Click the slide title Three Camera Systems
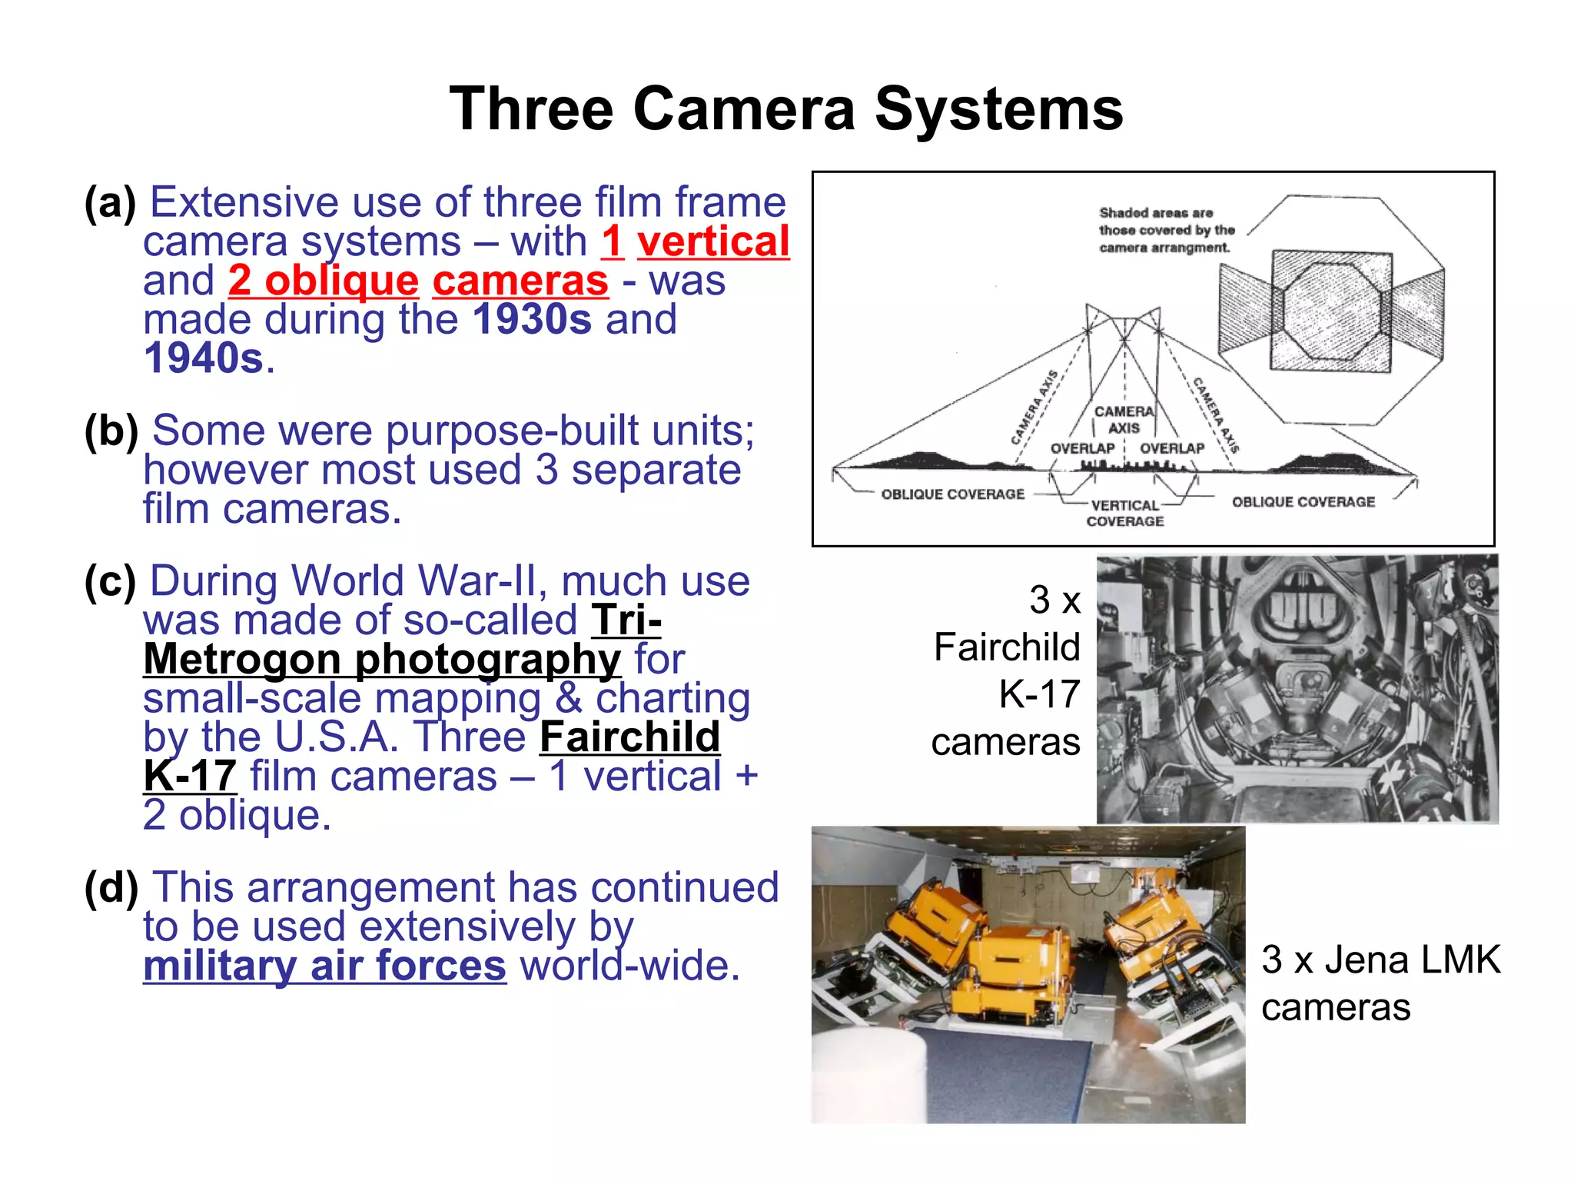click(x=786, y=109)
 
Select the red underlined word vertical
click(x=713, y=241)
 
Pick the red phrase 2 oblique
click(x=324, y=281)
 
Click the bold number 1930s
click(x=532, y=320)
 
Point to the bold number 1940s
click(x=204, y=358)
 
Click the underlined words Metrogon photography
click(x=382, y=660)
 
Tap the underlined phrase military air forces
click(x=324, y=966)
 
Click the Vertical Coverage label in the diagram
click(x=1125, y=513)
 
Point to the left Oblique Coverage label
click(x=952, y=494)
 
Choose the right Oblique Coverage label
click(x=1303, y=502)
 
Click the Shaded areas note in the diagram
click(x=1166, y=230)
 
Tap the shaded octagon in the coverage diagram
click(x=1331, y=311)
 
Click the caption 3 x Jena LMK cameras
click(x=1380, y=983)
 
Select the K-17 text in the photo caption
click(x=1039, y=694)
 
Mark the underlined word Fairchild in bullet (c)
click(x=630, y=737)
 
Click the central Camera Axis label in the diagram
click(x=1124, y=420)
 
